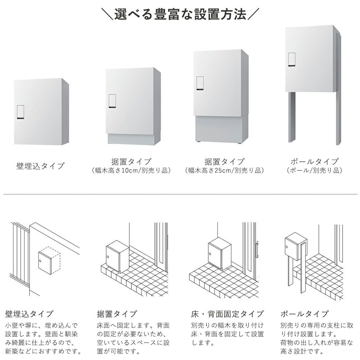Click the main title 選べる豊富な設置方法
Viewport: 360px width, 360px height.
tap(180, 14)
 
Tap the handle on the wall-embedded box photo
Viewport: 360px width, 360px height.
tap(21, 112)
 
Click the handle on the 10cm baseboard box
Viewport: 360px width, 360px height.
tap(112, 101)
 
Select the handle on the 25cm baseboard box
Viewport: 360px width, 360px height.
tap(200, 83)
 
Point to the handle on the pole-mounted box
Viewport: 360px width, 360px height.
tap(292, 59)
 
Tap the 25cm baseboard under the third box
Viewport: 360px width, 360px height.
tap(221, 129)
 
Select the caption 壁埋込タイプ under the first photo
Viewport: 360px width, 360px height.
tap(40, 166)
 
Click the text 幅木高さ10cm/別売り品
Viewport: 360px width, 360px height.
tap(131, 171)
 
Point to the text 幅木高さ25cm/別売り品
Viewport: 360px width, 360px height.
tap(225, 171)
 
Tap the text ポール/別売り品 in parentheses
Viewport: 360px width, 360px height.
tap(315, 170)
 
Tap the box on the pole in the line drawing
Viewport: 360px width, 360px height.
tap(296, 247)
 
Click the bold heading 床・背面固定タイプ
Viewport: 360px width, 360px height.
tap(227, 314)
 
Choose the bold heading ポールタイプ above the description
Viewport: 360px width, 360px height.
tap(305, 314)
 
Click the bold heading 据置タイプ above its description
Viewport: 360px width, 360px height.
tap(117, 314)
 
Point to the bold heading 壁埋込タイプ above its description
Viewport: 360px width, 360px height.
tap(29, 314)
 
